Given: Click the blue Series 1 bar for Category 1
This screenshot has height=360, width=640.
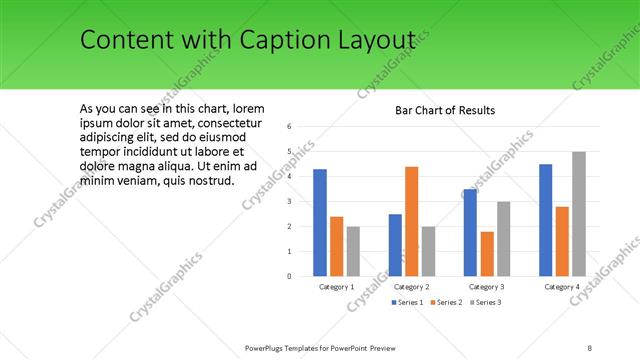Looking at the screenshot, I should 320,223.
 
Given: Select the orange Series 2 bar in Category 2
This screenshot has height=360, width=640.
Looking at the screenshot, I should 411,221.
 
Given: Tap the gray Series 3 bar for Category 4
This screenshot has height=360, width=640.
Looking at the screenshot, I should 579,214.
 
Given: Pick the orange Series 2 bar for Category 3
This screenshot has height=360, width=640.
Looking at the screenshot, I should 487,254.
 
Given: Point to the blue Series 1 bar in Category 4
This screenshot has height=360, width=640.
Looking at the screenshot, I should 545,220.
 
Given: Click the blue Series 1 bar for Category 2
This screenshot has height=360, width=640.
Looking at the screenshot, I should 395,245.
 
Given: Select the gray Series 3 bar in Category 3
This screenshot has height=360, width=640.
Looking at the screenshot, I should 503,239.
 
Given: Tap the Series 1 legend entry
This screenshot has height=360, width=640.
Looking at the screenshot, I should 407,302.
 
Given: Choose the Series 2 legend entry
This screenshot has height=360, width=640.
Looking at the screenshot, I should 446,302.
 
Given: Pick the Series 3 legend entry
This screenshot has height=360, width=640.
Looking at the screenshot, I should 484,302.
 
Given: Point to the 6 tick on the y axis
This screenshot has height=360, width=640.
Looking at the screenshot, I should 288,127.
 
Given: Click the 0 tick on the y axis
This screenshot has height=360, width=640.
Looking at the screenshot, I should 288,276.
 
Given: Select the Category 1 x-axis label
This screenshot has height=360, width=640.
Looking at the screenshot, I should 337,287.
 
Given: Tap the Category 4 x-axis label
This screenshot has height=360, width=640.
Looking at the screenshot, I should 562,287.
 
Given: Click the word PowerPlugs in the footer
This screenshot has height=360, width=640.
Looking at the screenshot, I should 270,348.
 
